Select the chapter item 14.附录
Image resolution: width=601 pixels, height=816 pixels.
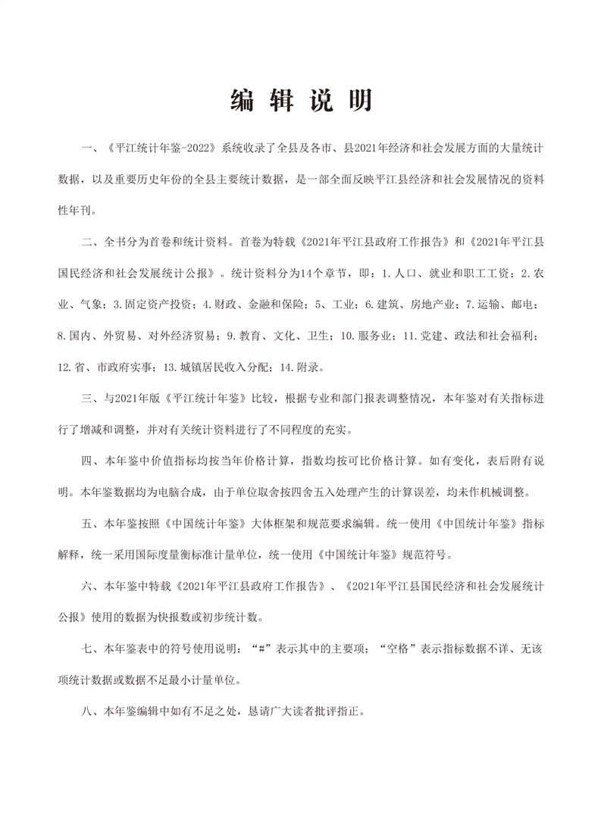[302, 368]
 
